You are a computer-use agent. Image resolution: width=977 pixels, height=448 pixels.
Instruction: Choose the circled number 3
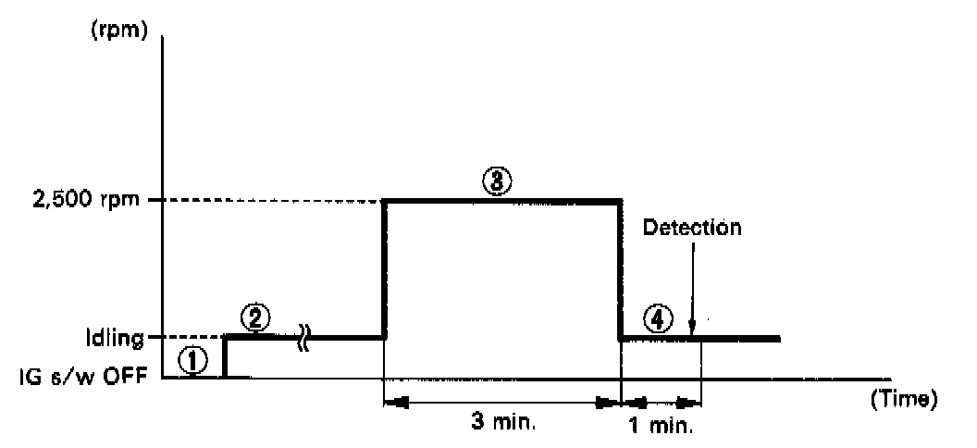coord(497,182)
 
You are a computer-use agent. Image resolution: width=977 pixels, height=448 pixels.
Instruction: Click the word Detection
coord(692,229)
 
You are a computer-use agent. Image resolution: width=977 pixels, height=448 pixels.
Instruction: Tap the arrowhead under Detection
coord(691,330)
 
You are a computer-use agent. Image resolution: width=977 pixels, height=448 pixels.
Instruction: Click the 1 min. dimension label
coord(661,429)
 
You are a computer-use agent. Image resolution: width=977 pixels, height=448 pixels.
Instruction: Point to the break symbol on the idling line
coord(303,338)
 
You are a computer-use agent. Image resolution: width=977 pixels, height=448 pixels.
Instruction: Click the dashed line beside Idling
coord(184,338)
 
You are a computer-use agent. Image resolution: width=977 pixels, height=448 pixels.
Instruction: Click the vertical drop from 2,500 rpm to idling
coord(619,268)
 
